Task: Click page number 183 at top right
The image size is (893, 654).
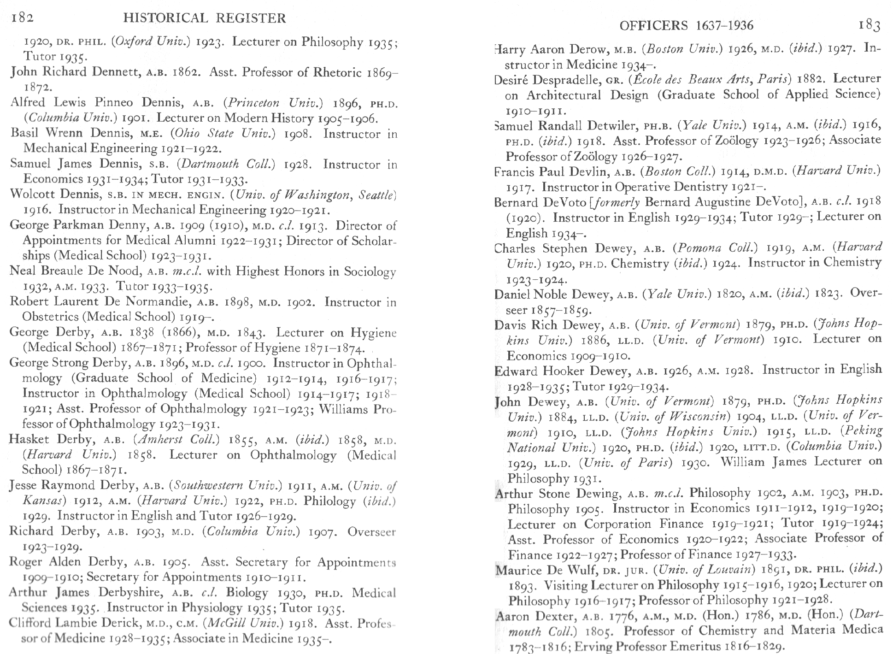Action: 869,25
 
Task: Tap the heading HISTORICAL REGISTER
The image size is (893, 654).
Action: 205,18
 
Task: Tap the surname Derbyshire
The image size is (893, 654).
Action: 130,592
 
